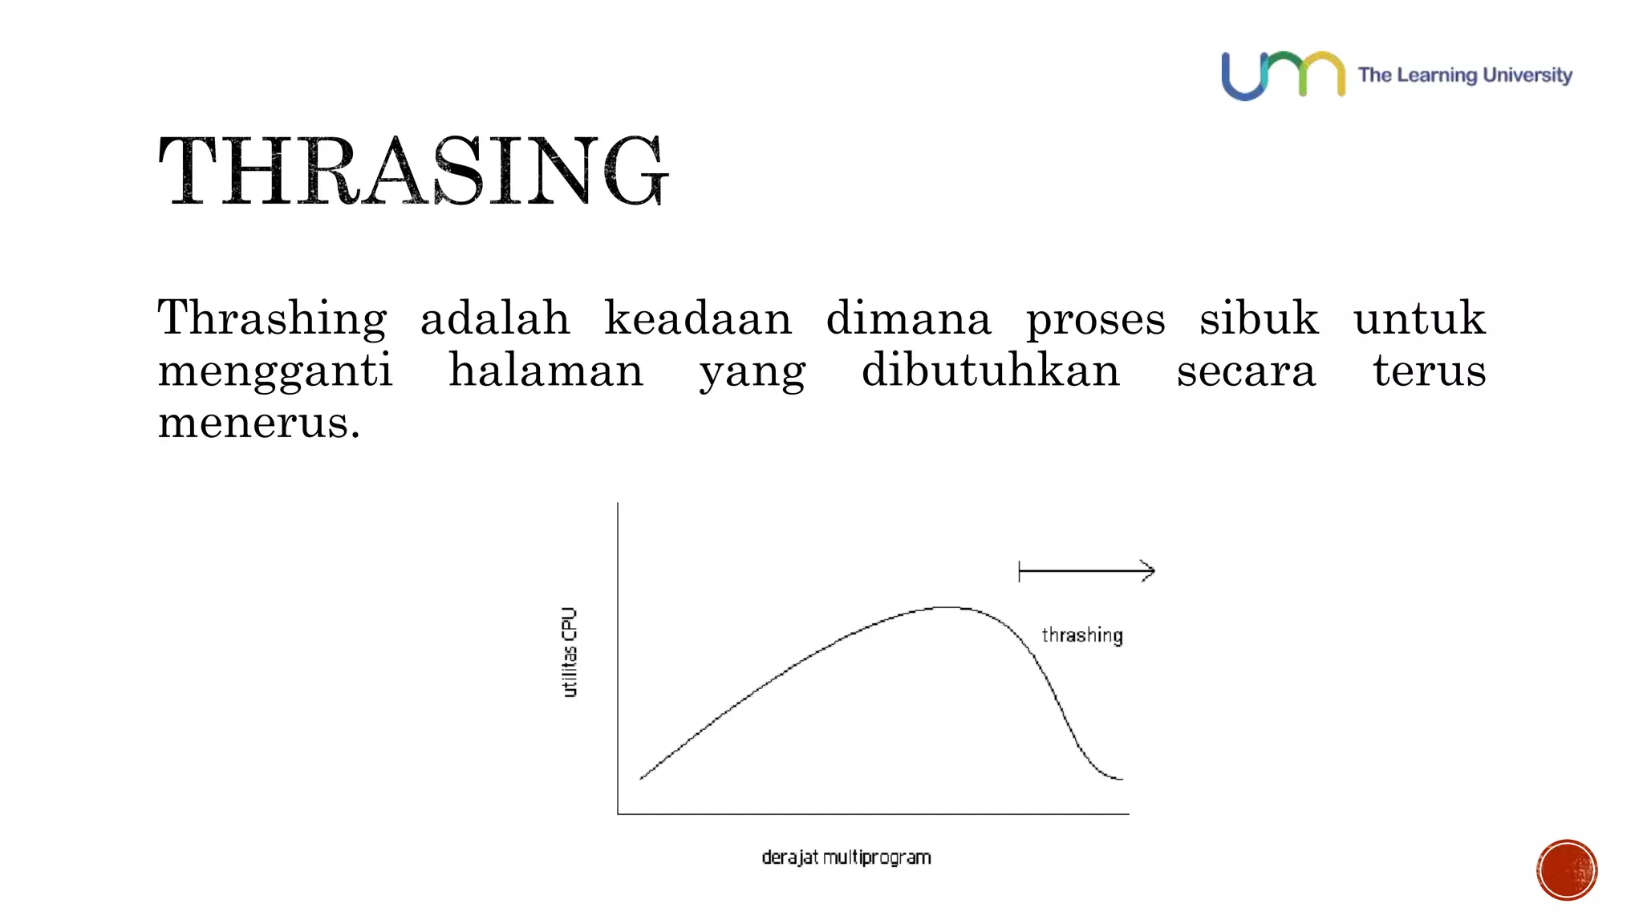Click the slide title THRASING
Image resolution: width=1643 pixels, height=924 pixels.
413,171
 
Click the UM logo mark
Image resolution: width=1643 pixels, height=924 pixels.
1283,75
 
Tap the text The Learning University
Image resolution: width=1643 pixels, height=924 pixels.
1464,75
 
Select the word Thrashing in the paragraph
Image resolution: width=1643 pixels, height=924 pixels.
272,319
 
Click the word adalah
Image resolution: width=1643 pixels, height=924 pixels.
495,319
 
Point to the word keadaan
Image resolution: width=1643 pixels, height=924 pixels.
698,319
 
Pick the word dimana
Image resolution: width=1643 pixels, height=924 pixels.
908,319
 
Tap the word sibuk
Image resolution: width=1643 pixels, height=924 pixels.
1259,319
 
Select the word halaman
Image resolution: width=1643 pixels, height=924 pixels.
546,371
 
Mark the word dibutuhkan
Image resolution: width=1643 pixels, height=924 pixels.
991,371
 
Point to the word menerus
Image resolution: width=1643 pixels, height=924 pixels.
258,423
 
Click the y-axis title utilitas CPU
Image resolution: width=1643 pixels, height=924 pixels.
570,652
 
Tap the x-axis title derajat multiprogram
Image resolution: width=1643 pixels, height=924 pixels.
846,857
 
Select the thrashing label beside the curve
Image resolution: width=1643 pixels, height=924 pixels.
1082,635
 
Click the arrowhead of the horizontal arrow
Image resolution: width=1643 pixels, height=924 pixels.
1149,571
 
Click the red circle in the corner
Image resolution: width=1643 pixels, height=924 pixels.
1567,870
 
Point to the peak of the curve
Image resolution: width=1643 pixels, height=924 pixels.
948,608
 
